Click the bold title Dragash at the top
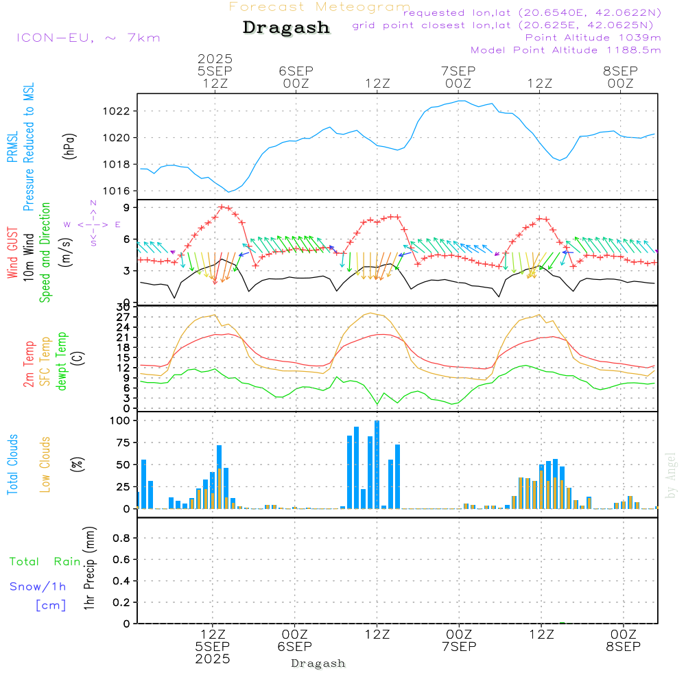pos(286,28)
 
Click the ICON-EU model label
pos(88,38)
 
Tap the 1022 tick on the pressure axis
pos(119,111)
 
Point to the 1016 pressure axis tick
pos(119,191)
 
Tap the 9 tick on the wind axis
pos(127,207)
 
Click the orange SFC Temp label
pos(45,362)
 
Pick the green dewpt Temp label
pos(62,362)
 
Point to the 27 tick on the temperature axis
pos(124,317)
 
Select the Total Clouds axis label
pos(12,464)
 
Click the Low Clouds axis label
pos(45,464)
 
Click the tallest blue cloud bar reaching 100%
pos(377,464)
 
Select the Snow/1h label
pos(38,587)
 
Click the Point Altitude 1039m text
pos(593,37)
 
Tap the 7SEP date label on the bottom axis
pos(459,646)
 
